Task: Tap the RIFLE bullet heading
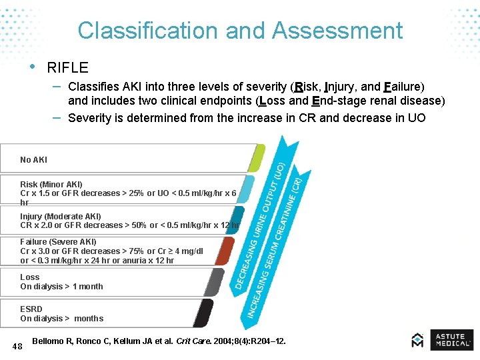click(x=67, y=67)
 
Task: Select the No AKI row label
click(x=33, y=160)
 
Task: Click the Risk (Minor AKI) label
click(x=51, y=184)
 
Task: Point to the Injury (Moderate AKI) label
click(x=60, y=217)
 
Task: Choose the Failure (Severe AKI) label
click(x=58, y=242)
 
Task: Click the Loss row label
click(x=30, y=277)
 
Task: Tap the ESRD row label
click(x=31, y=309)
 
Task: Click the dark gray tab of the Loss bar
click(x=214, y=283)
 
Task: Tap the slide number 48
click(x=17, y=345)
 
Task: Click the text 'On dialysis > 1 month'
click(x=61, y=287)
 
